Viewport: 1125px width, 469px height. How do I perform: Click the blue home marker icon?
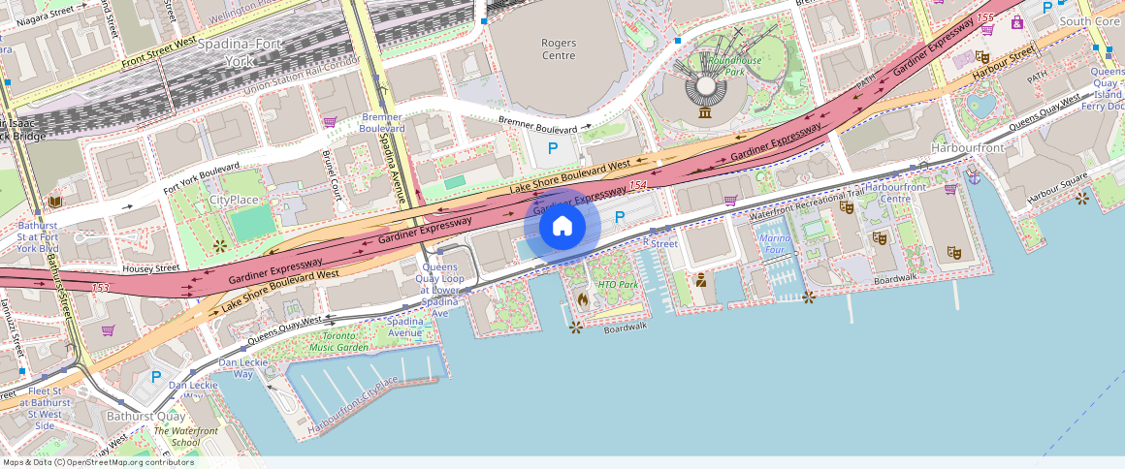tap(562, 227)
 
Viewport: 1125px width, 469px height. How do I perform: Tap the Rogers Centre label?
tap(559, 49)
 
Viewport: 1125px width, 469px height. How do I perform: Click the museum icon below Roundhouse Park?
tap(705, 114)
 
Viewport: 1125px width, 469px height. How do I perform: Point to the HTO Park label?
tap(618, 285)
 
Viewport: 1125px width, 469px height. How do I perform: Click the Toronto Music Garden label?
tap(338, 341)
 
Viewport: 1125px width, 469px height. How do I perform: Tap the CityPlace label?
tap(234, 200)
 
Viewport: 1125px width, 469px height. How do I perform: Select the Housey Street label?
tap(151, 267)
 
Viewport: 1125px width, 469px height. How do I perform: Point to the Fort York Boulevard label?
tap(201, 181)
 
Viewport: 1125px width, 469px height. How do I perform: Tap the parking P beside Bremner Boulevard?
tap(553, 148)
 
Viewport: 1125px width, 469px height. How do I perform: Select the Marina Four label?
tap(776, 244)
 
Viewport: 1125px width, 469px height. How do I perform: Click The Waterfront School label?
tap(185, 436)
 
